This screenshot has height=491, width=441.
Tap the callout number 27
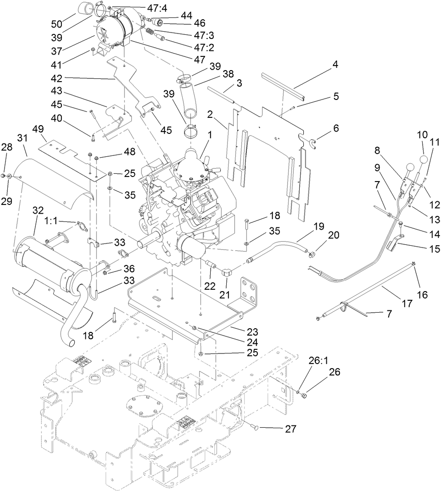point(290,429)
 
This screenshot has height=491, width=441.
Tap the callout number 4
point(335,65)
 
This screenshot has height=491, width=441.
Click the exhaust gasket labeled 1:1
point(81,226)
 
